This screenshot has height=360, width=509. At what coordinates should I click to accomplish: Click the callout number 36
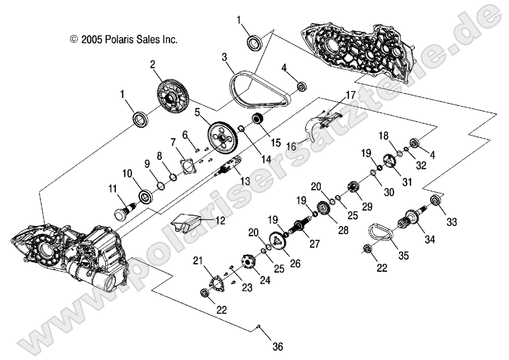tap(278, 347)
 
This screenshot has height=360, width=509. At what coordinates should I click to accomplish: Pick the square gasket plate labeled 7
tap(187, 165)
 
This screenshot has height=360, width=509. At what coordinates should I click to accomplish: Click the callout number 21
tap(198, 260)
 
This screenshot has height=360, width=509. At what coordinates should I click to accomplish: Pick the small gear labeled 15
tap(257, 119)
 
